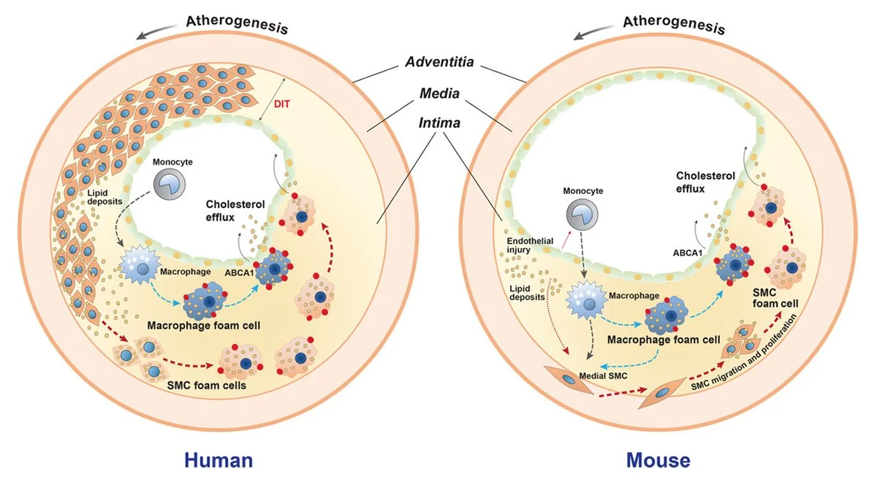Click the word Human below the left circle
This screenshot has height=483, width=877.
219,460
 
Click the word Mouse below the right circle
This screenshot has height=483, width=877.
658,460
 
